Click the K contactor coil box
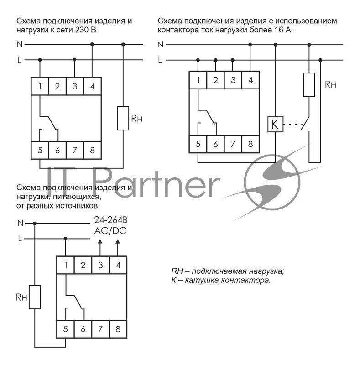point(275,124)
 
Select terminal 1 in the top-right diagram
point(198,80)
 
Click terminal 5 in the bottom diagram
point(65,328)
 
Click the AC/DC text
point(110,231)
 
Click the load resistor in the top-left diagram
point(123,118)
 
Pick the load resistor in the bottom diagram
point(35,297)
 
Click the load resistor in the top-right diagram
point(309,84)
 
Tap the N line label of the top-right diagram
point(160,44)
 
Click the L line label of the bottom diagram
point(19,238)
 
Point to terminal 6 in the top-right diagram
point(215,144)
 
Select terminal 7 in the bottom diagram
point(100,328)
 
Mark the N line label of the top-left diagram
point(19,44)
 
